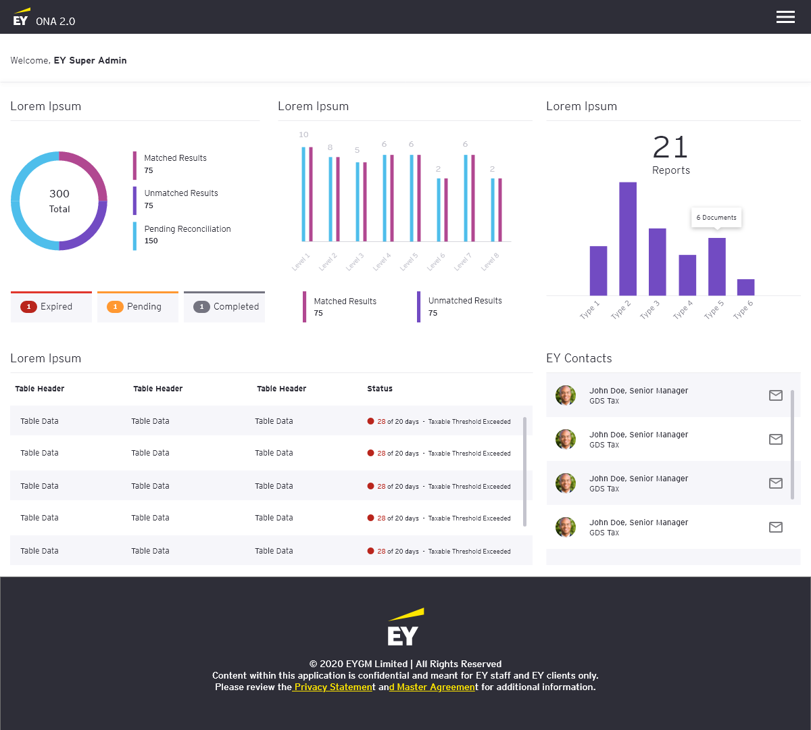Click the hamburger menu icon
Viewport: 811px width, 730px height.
785,18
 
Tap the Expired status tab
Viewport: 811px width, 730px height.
51,307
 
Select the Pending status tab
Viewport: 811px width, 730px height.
138,307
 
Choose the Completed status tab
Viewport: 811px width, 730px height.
224,307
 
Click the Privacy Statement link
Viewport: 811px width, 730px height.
333,687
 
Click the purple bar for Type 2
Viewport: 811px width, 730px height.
628,239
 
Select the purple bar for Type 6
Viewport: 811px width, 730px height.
746,287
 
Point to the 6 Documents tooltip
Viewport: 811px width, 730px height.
716,218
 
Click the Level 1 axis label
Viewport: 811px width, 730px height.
301,262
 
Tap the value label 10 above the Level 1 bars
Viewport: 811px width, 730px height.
303,135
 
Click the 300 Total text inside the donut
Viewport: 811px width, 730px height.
59,201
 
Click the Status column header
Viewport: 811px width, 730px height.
380,389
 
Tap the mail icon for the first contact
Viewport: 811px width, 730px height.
775,395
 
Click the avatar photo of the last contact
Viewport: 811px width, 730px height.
566,527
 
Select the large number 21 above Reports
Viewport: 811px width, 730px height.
670,147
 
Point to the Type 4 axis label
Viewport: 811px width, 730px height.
683,310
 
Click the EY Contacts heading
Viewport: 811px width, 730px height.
579,358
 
